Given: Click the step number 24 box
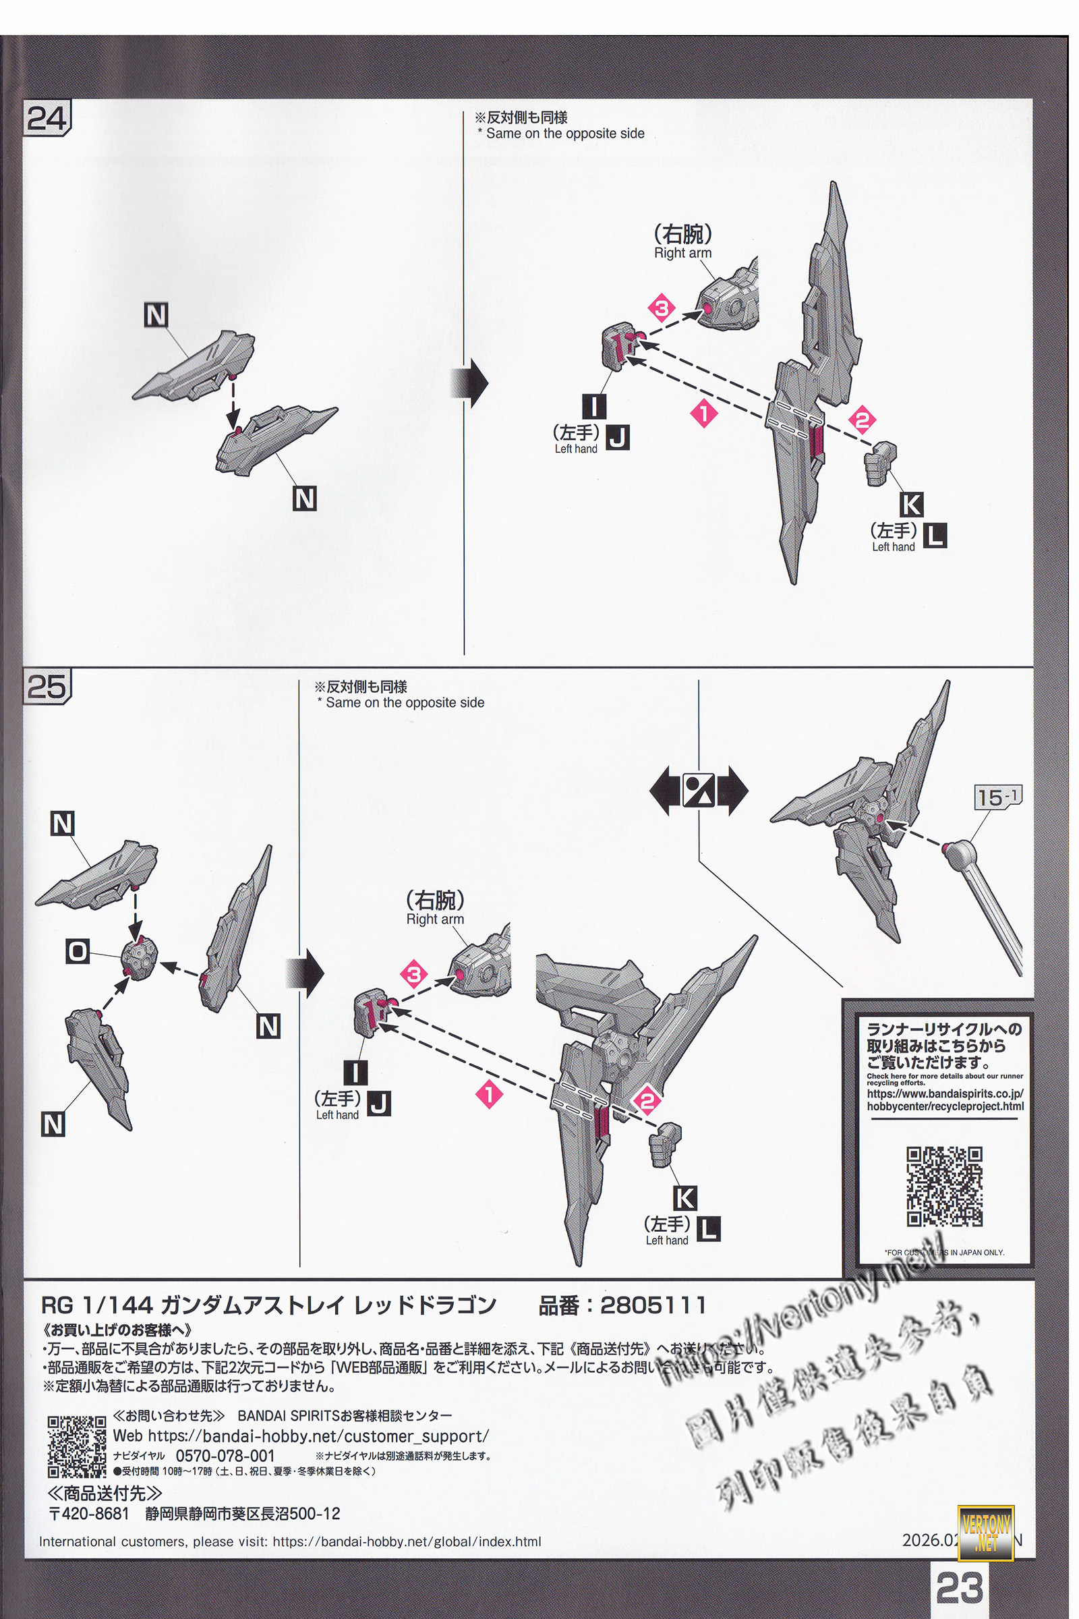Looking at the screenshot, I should coord(46,119).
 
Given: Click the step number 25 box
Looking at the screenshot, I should coord(46,686).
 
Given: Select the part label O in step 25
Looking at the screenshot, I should coord(78,951).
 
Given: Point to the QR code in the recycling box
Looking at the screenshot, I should coord(944,1186).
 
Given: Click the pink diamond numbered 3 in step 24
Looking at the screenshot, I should coord(662,308).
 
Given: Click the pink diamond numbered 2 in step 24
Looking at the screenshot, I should coord(863,419).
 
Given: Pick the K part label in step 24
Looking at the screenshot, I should coord(911,505).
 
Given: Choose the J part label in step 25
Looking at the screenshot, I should coord(378,1104).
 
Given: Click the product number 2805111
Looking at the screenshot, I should coord(652,1305).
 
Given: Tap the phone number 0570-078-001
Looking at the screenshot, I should coord(225,1455).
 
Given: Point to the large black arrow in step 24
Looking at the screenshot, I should coord(469,382).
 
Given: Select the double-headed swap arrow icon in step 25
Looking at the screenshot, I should coord(699,791).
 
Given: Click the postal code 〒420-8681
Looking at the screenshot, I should coord(89,1514).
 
